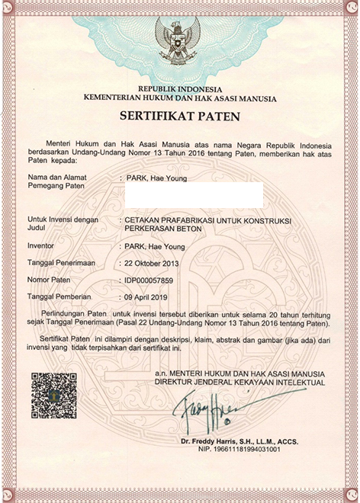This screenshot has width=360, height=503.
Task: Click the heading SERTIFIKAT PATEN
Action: coord(179,117)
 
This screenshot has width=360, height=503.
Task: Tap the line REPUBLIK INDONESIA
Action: coord(179,89)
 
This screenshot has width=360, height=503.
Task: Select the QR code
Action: coord(54,396)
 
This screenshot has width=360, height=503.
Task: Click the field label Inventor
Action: coord(41,246)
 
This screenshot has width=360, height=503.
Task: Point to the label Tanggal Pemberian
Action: coord(59,296)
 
